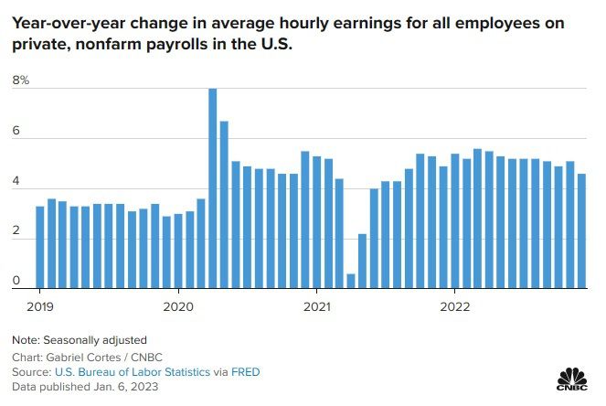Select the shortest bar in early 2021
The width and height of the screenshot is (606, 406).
(x=351, y=282)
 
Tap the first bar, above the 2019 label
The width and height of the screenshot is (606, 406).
(x=40, y=248)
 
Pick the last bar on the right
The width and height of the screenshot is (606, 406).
(x=582, y=231)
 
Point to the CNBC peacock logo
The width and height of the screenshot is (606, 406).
(x=572, y=378)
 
